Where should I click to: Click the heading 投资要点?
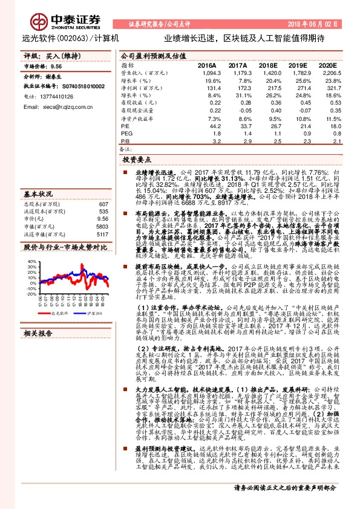(137, 161)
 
